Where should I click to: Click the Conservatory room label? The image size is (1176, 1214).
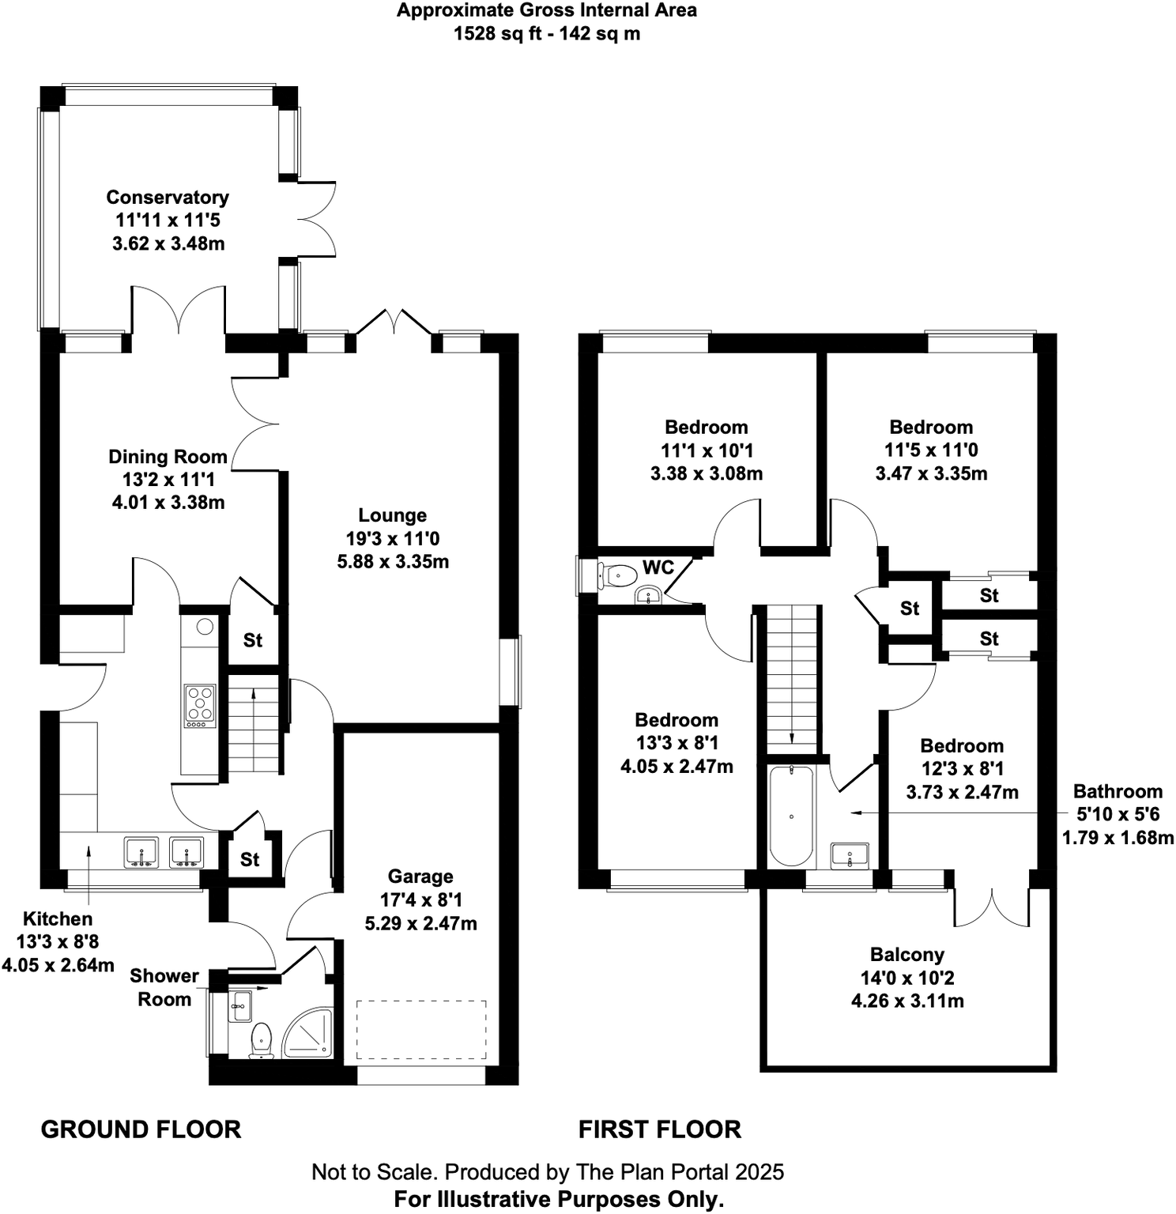tap(168, 197)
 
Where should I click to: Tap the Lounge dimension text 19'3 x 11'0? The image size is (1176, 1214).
tap(393, 539)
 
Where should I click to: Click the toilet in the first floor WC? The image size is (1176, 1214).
tap(618, 575)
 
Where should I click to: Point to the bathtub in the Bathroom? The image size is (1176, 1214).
tap(791, 816)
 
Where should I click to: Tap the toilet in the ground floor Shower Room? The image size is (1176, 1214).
tap(261, 1039)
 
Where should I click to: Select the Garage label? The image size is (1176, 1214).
tap(420, 877)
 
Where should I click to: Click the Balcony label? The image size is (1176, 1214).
tap(907, 955)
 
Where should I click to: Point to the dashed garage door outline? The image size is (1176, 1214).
tap(420, 1029)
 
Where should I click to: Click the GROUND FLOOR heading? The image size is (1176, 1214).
tap(141, 1129)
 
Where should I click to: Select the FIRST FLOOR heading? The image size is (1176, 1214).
tap(660, 1129)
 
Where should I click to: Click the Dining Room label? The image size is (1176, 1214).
tap(168, 457)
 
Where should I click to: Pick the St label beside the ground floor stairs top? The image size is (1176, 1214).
tap(252, 640)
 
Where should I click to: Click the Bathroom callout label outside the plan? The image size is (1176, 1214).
tap(1118, 792)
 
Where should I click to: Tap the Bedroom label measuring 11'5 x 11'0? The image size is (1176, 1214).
tap(931, 428)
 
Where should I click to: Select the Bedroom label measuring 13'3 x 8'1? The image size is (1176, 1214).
tap(677, 720)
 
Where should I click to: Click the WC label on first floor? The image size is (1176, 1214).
tap(658, 567)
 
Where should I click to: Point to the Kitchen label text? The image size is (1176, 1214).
tap(58, 919)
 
